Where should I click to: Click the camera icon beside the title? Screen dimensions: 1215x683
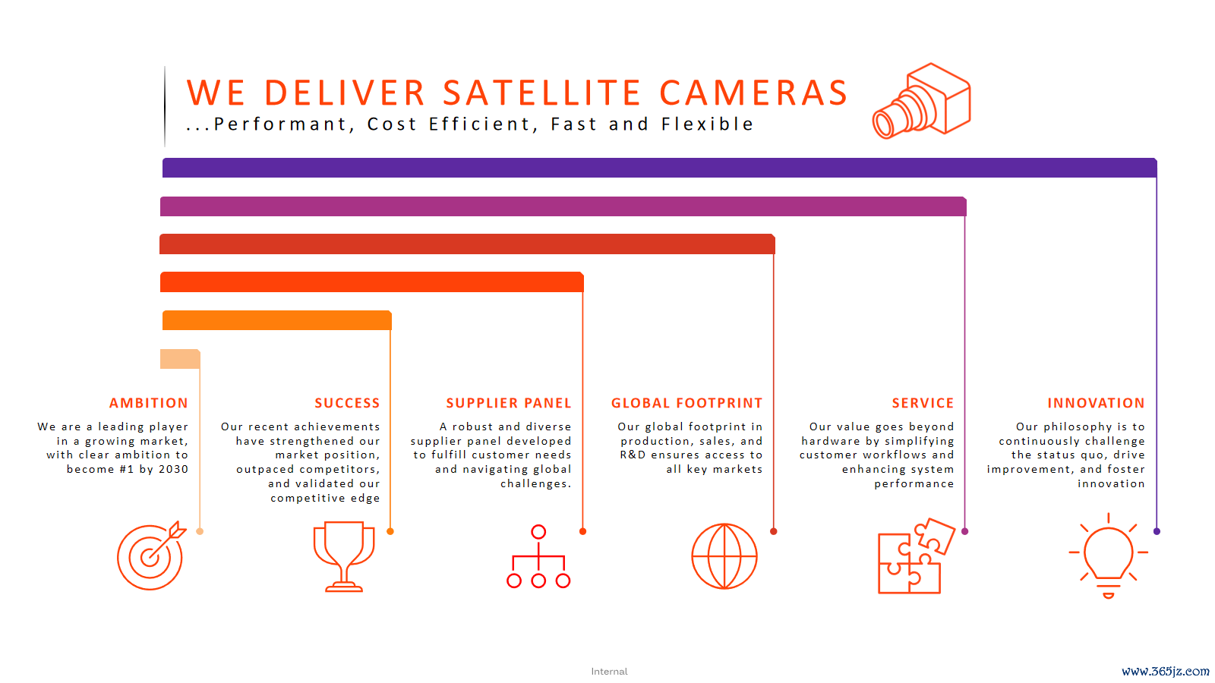click(922, 102)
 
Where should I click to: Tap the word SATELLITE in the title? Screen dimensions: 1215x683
click(542, 93)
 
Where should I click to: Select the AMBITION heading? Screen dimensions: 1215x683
click(149, 403)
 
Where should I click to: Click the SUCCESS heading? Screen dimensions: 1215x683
click(347, 403)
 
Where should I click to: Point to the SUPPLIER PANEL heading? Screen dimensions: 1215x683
click(509, 403)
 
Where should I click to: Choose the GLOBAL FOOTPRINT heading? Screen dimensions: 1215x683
click(686, 403)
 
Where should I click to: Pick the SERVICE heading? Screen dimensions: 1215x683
click(923, 403)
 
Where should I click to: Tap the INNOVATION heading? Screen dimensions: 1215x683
click(1096, 403)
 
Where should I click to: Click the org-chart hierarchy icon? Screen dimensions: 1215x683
click(538, 556)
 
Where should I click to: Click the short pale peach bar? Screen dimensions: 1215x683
click(180, 359)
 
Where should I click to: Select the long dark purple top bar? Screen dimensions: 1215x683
click(660, 168)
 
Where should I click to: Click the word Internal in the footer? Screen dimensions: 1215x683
click(609, 672)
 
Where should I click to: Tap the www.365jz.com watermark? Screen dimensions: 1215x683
click(1165, 672)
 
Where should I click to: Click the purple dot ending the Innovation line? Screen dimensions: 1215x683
click(1157, 531)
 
